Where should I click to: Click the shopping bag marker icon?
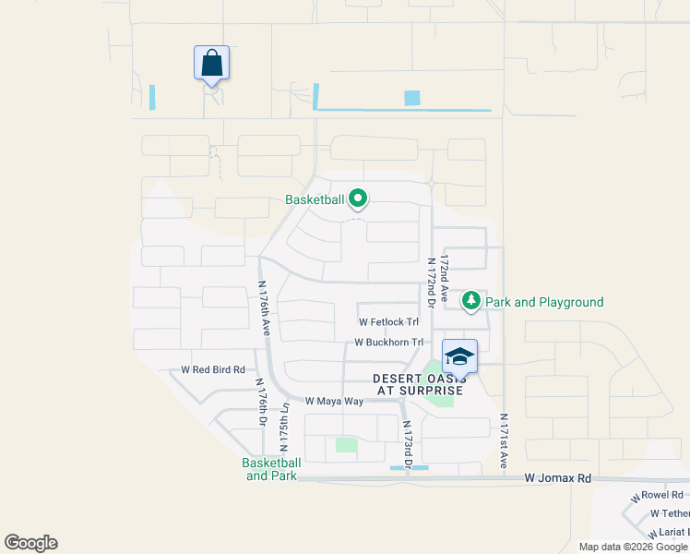tap(211, 64)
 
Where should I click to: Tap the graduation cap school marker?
tap(459, 355)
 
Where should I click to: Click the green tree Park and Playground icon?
tap(471, 301)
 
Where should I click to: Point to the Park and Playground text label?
tap(544, 302)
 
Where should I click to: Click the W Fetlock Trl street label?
tap(388, 322)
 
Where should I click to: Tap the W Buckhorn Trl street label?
tap(388, 342)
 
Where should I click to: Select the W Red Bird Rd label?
tap(213, 369)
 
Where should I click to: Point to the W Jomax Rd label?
tap(557, 478)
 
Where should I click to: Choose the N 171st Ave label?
tap(504, 441)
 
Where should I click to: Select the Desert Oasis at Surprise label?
tap(419, 384)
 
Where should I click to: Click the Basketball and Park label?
tap(271, 469)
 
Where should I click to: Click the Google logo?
tap(30, 543)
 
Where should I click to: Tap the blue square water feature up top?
tap(411, 98)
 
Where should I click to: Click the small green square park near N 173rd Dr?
tap(346, 445)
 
